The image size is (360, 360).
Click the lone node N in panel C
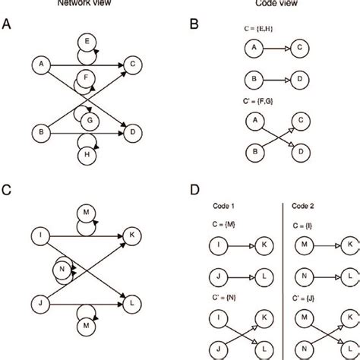[62, 268]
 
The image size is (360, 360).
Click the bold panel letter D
[197, 185]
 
